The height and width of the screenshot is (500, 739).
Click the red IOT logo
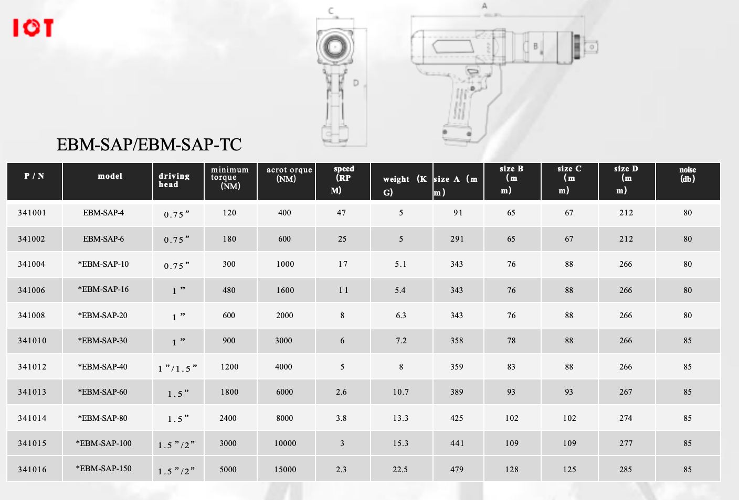33,28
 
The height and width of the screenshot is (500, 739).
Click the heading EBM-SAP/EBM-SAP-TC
149,144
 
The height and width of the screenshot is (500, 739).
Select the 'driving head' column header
174,180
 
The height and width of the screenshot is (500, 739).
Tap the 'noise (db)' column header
688,174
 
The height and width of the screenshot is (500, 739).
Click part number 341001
32,213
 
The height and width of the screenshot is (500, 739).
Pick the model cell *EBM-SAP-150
103,469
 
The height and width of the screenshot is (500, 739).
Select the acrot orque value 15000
285,470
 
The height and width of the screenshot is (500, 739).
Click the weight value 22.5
400,470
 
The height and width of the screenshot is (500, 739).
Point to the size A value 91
458,213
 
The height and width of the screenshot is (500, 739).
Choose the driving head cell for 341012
177,368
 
